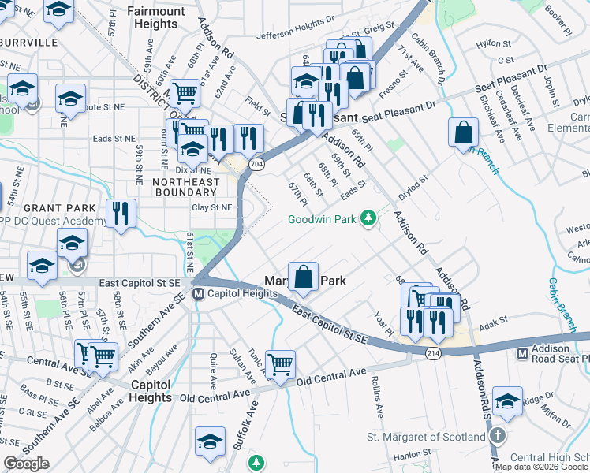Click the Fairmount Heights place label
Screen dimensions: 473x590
pyautogui.click(x=155, y=17)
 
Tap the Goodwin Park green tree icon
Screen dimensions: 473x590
pyautogui.click(x=367, y=218)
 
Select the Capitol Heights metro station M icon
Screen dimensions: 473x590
pyautogui.click(x=201, y=295)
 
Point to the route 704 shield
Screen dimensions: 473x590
pyautogui.click(x=256, y=164)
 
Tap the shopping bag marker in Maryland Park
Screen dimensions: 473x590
pyautogui.click(x=304, y=277)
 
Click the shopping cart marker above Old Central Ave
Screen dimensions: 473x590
pyautogui.click(x=281, y=364)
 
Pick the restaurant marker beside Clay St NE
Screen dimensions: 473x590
pyautogui.click(x=121, y=213)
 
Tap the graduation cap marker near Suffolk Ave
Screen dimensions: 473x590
pyautogui.click(x=210, y=441)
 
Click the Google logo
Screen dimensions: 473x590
pyautogui.click(x=26, y=464)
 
